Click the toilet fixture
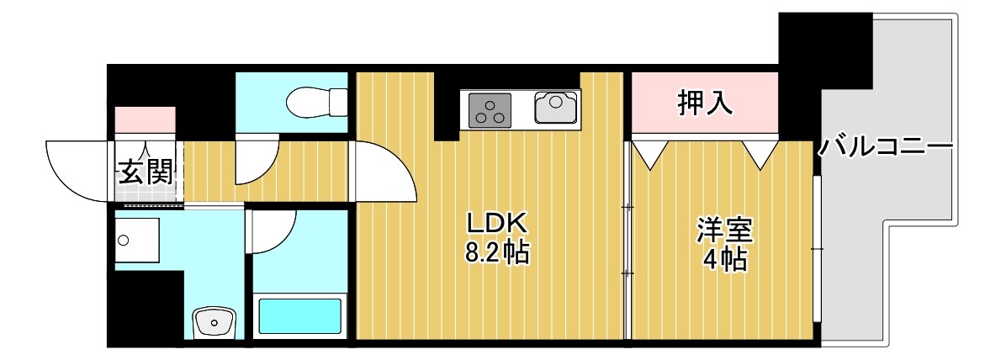(x=317, y=103)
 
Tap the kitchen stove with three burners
(x=490, y=110)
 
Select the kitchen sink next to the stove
(x=556, y=107)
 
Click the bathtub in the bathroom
(x=300, y=316)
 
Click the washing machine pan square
(x=137, y=241)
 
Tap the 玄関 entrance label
(x=146, y=172)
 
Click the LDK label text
(x=496, y=224)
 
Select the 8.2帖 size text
(x=496, y=253)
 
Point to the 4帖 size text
(x=724, y=260)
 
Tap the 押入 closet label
(x=705, y=102)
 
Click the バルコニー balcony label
(x=886, y=147)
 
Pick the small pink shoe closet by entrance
(x=145, y=120)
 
